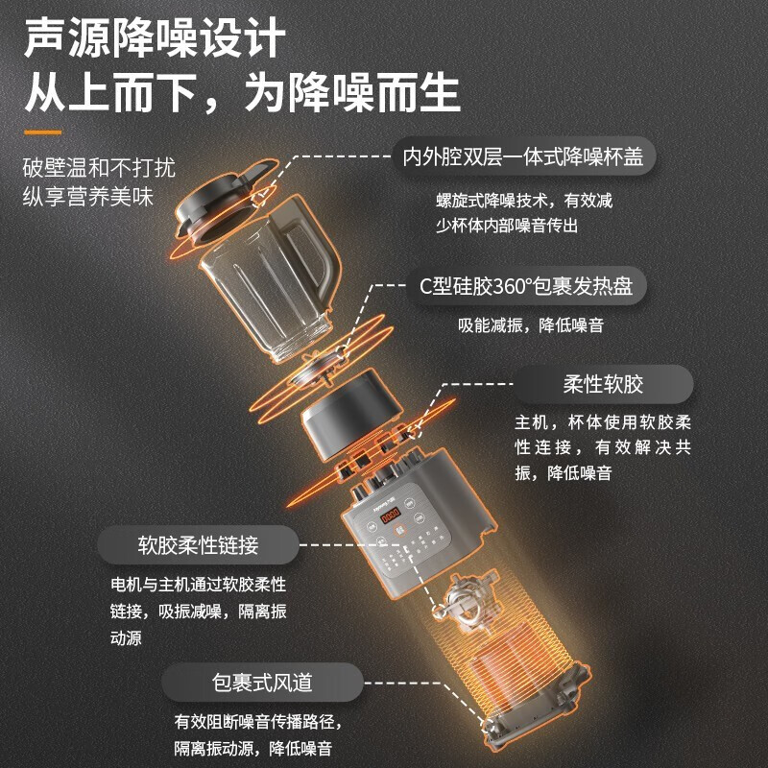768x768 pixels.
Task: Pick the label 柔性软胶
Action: coord(603,385)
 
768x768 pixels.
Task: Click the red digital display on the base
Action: coord(391,519)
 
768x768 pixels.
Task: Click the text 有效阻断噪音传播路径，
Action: coord(257,722)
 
